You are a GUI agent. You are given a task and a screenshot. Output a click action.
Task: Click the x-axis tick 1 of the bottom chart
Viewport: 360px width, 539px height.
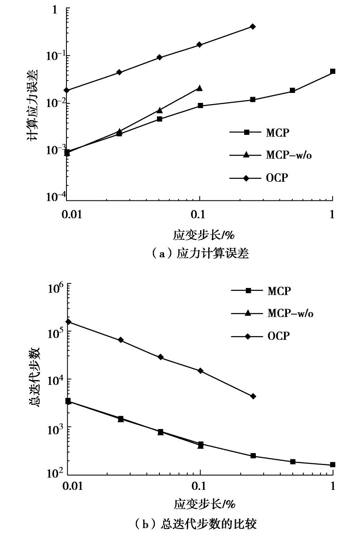point(333,486)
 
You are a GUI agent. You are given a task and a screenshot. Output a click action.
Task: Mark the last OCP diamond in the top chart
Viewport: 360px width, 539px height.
point(253,27)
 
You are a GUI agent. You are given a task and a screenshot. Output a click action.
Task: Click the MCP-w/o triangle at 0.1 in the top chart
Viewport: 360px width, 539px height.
point(200,88)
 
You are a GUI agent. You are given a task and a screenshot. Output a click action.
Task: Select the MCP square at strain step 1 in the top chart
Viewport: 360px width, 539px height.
point(333,71)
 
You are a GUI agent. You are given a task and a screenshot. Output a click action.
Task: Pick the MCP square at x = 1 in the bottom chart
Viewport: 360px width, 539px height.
point(333,465)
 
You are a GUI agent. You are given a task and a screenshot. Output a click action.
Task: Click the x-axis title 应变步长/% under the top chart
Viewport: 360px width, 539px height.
point(204,235)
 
